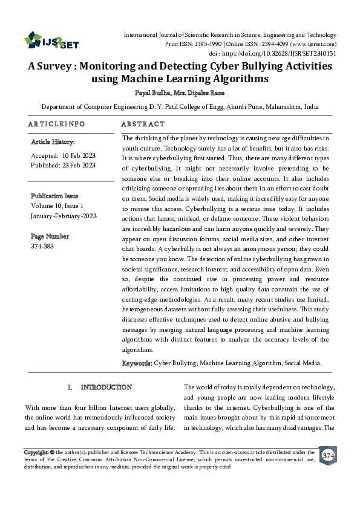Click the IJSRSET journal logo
pos(51,41)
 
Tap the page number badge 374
pos(329,455)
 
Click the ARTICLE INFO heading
pos(56,124)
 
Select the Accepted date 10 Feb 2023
pos(78,155)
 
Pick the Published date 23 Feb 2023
pos(80,164)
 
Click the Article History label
pos(53,142)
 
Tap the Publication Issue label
pos(54,196)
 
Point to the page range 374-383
pos(42,247)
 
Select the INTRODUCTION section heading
pos(106,387)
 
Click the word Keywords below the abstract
pos(137,363)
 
